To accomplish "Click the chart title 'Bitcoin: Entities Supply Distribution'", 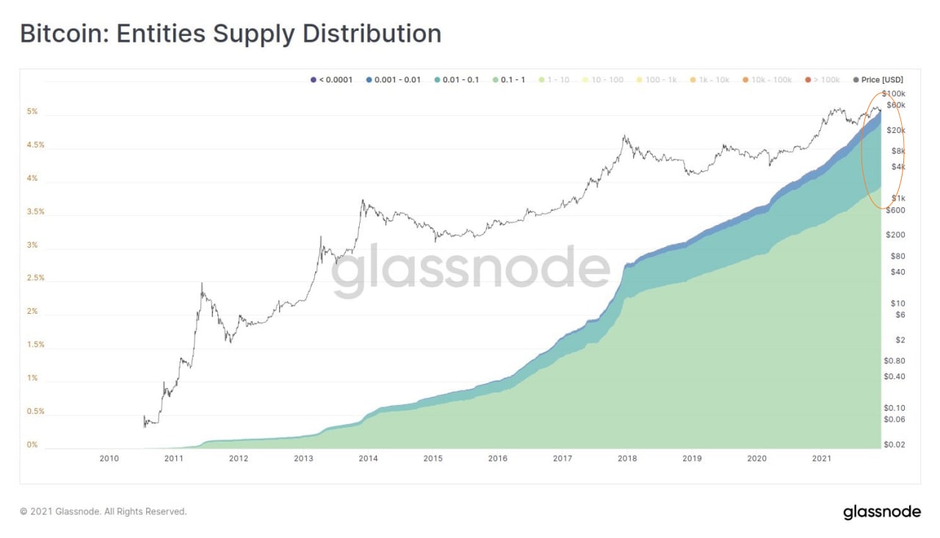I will tap(230, 33).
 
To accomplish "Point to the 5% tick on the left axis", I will tap(32, 112).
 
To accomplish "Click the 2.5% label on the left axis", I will tap(35, 278).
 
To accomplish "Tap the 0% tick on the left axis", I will tap(32, 445).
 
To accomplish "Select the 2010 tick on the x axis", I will tap(109, 459).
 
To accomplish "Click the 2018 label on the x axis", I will tap(627, 459).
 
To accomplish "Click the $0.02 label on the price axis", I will tap(894, 445).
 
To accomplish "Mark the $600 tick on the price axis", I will tap(894, 210).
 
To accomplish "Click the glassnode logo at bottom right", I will tap(881, 512).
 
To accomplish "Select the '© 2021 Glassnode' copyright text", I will tap(104, 512).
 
